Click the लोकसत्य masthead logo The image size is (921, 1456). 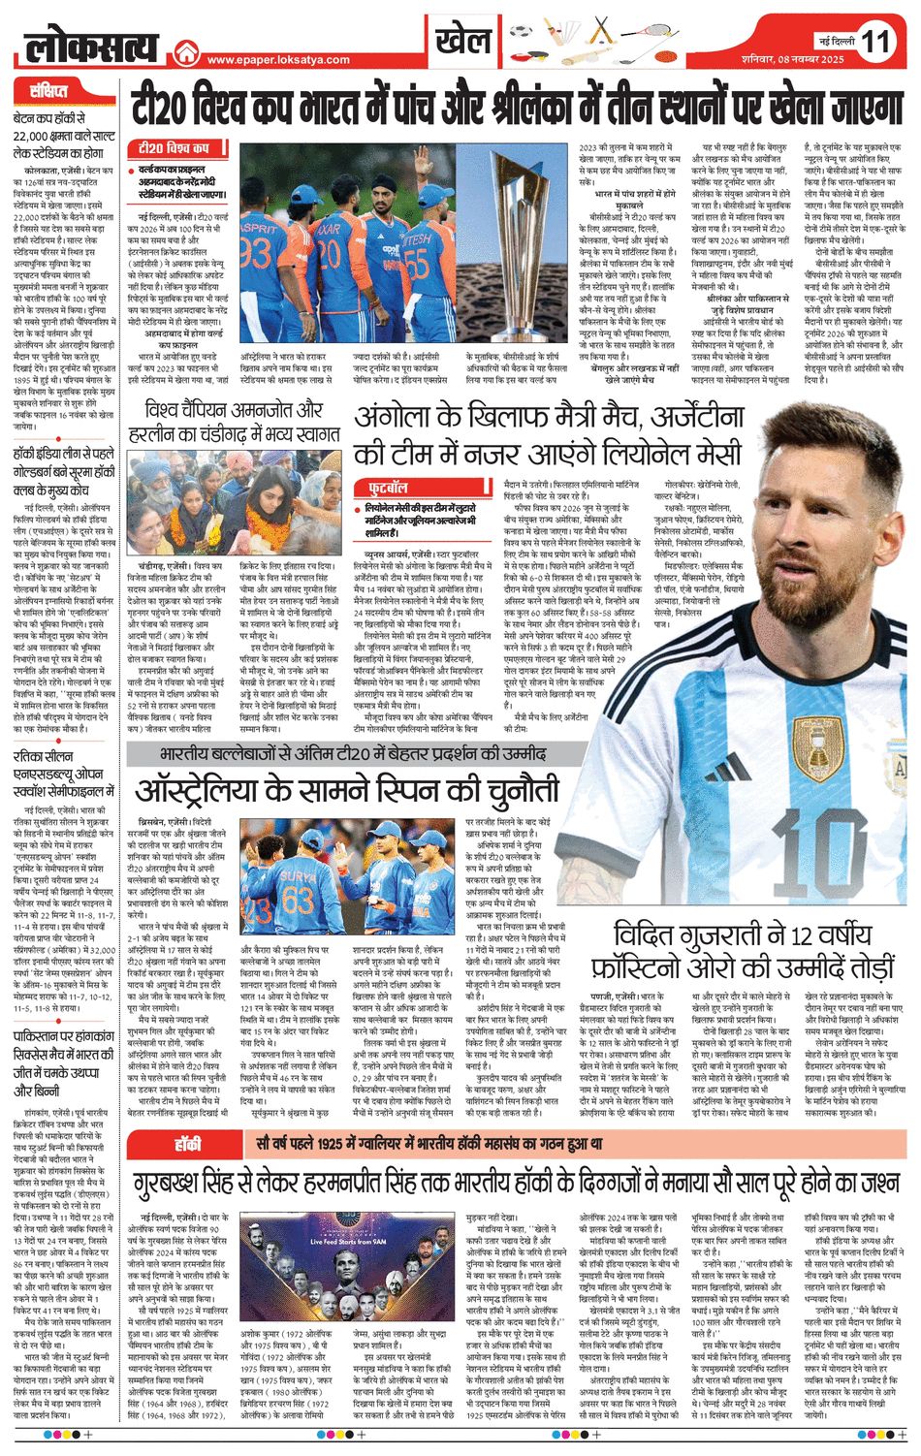92,44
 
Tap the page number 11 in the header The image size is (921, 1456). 875,42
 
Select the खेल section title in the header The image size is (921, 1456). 462,41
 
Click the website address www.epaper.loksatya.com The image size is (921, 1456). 279,60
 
